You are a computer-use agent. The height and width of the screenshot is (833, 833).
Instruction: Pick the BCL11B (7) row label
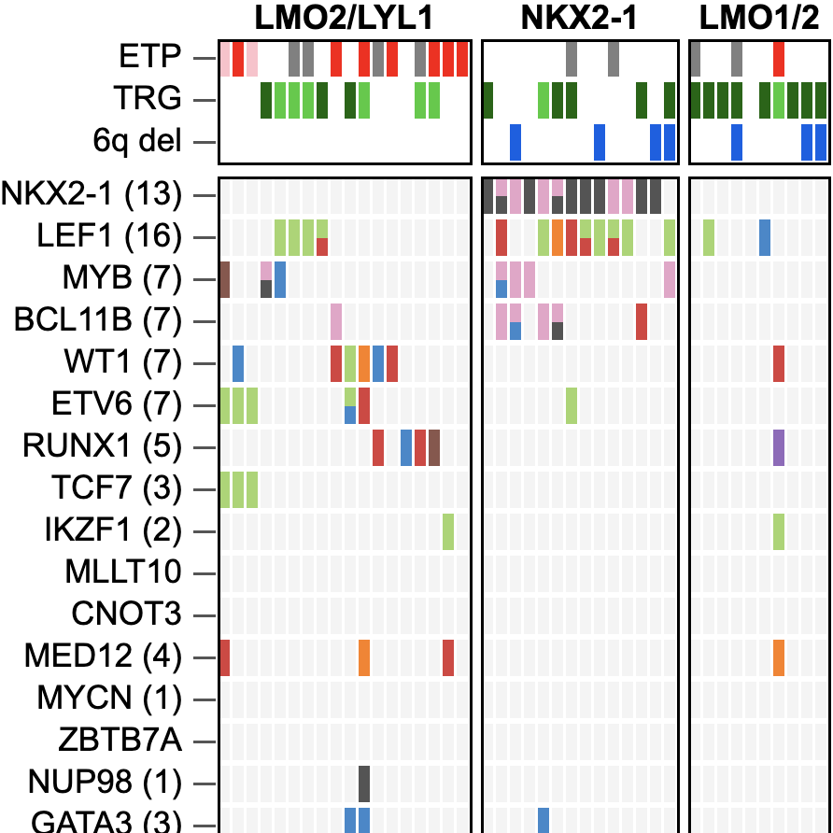[97, 321]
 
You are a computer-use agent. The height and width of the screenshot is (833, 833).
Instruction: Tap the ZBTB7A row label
[124, 741]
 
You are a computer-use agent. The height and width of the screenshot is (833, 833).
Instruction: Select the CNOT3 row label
[126, 615]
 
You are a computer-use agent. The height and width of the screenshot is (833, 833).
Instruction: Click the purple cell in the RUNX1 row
[779, 447]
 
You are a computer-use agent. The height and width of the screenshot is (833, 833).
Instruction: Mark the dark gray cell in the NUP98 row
[364, 784]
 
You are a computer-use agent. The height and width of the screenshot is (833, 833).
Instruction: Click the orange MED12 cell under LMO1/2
[779, 657]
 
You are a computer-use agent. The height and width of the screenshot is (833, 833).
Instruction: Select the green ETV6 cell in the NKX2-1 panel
[572, 405]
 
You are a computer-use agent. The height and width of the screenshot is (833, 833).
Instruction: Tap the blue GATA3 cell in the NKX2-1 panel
[544, 820]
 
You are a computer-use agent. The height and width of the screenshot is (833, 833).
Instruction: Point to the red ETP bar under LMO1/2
[779, 58]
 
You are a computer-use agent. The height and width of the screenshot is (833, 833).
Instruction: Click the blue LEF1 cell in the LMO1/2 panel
[765, 237]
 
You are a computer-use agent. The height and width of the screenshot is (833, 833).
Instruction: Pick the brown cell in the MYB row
[224, 279]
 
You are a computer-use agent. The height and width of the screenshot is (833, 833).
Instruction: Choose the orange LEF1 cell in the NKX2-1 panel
[558, 237]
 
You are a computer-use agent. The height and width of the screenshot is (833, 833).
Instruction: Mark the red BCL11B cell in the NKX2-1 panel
[642, 321]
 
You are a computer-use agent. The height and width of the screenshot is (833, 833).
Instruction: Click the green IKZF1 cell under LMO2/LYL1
[448, 531]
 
